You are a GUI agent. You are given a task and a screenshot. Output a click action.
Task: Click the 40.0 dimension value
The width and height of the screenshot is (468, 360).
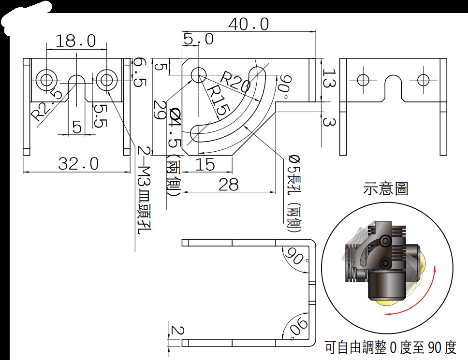click(x=249, y=24)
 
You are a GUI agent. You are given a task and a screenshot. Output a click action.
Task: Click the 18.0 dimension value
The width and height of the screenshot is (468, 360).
click(x=76, y=41)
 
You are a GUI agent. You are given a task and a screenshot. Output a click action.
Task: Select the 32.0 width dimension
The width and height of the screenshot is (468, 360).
click(x=78, y=163)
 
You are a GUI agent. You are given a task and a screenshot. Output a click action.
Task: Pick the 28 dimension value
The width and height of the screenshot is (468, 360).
click(x=229, y=185)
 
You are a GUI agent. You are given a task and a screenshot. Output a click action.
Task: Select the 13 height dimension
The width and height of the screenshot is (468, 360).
click(x=329, y=78)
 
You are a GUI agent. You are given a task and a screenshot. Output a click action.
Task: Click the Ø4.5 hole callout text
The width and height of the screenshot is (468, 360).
click(x=174, y=152)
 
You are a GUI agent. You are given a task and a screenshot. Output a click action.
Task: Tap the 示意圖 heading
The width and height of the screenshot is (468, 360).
click(x=385, y=189)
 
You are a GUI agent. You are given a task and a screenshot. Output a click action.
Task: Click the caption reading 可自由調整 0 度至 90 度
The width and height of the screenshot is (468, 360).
click(x=391, y=347)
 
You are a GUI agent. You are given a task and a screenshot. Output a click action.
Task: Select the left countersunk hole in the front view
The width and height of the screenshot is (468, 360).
click(x=46, y=80)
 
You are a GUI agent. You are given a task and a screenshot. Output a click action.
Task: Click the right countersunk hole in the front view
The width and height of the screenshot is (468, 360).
click(x=106, y=80)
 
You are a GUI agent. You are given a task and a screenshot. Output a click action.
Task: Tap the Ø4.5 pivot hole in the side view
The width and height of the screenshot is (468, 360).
click(x=199, y=74)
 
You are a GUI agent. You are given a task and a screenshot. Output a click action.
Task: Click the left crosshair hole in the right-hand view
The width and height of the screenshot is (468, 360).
click(x=363, y=80)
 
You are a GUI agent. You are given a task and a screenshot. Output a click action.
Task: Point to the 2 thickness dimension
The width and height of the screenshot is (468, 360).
click(x=177, y=331)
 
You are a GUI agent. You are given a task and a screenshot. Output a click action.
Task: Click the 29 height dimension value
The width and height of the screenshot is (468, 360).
click(x=160, y=110)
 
